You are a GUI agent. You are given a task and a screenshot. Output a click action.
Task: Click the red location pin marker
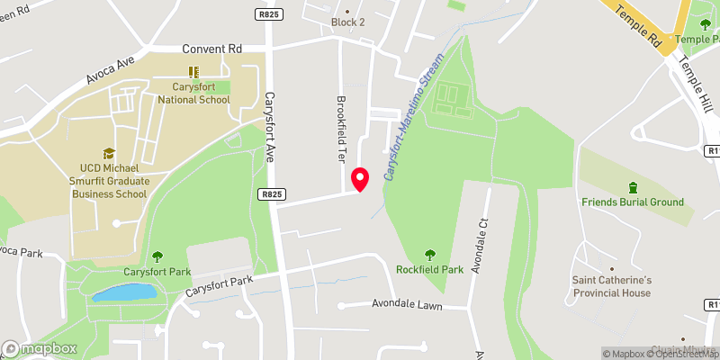360,179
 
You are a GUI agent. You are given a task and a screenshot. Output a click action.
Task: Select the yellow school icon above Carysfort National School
193,71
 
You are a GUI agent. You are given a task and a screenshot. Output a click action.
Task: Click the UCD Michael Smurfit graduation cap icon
109,154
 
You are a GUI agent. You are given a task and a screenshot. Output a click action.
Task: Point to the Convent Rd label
212,49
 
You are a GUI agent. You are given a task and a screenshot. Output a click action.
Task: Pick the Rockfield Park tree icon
429,254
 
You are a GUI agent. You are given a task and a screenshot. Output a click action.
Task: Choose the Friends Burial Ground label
632,202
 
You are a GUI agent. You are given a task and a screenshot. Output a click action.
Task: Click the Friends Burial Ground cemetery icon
633,187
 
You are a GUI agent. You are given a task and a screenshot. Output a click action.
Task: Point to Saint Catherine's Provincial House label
611,286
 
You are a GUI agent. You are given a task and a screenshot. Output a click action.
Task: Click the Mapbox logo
40,348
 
